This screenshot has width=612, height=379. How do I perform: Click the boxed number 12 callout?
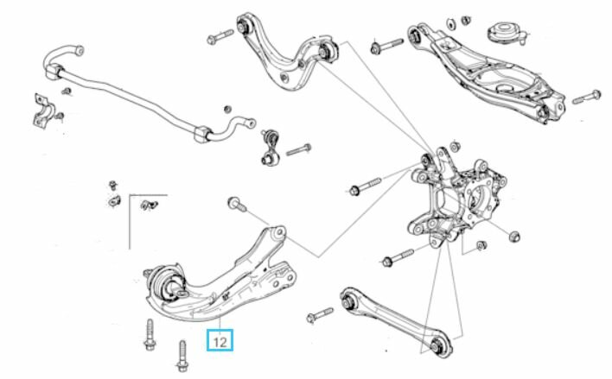pos(220,340)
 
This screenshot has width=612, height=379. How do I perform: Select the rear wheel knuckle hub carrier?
pos(456,199)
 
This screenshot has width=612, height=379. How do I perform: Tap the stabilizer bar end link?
pos(270,148)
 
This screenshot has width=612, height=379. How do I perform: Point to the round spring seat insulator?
pos(505,33)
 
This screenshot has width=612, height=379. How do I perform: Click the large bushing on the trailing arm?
pos(167,282)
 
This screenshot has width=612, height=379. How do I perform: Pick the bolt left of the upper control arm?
pos(220,36)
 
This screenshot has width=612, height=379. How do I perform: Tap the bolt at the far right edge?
pos(587,97)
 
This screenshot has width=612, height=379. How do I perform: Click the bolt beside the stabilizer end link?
pos(298,149)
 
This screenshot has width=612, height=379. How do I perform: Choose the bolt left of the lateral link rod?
pos(320,314)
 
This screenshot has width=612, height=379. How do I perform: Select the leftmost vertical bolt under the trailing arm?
pos(150,335)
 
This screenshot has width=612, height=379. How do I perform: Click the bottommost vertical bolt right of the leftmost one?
pos(182,356)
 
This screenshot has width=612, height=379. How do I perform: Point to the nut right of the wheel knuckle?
pos(515,236)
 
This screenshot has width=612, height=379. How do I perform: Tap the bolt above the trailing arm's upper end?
pos(237,205)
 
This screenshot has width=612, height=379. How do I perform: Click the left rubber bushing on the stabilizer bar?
pos(55,72)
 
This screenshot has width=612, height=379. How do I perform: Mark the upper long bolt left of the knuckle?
pos(364,186)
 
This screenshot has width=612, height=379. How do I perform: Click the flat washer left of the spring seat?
pos(451,24)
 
